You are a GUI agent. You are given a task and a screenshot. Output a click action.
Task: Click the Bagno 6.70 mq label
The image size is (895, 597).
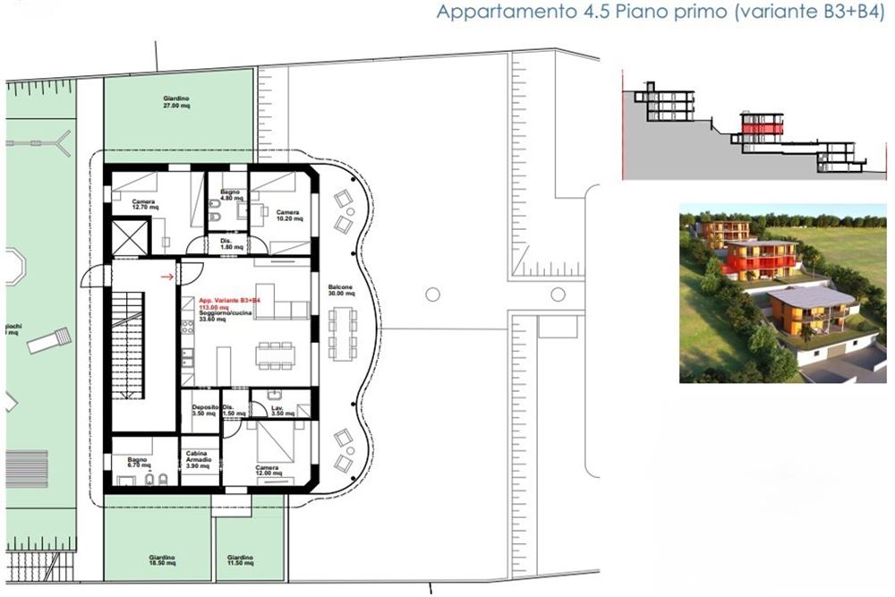click(x=137, y=463)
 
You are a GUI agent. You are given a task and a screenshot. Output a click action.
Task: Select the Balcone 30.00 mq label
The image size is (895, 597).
click(x=340, y=290)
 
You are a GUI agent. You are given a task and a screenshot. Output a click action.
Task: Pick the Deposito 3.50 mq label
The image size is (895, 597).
click(x=204, y=410)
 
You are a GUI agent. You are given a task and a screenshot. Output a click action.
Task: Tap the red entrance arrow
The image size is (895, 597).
click(x=166, y=277)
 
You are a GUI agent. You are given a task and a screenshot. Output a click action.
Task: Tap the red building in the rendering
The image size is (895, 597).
click(x=760, y=259)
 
